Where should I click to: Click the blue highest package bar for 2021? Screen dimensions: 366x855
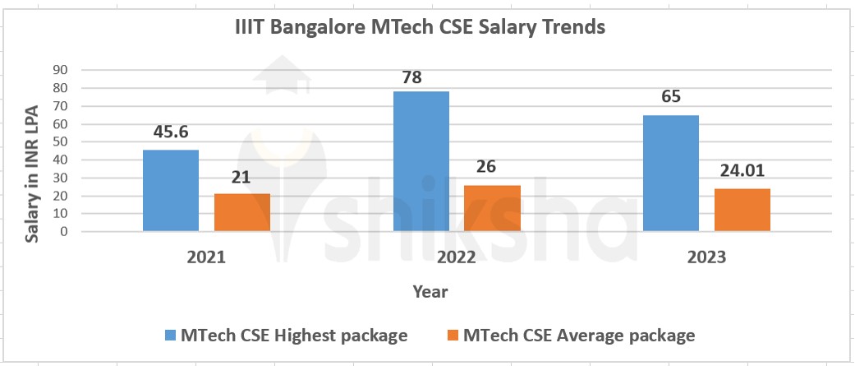[170, 190]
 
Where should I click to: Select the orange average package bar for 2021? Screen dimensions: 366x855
[241, 212]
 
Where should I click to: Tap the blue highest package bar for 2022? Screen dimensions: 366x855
[421, 161]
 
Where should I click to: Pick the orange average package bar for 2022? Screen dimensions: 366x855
[492, 208]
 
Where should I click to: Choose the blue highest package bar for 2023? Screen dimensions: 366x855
[670, 173]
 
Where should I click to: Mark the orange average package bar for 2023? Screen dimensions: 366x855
[742, 210]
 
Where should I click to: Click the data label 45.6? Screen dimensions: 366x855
[170, 132]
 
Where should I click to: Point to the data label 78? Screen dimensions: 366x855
[421, 76]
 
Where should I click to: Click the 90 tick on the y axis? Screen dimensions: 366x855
[59, 70]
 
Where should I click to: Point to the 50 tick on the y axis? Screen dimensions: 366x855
[59, 141]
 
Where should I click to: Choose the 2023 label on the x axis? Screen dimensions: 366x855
[706, 257]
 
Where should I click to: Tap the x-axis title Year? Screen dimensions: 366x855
[430, 291]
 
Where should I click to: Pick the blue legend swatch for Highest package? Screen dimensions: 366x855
[171, 336]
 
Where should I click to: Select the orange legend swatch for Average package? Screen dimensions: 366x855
[453, 336]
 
